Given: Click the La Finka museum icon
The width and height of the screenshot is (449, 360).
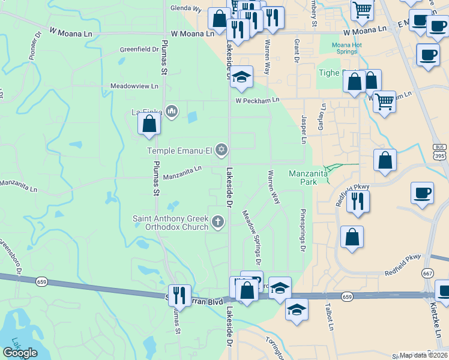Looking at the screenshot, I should click(x=172, y=111).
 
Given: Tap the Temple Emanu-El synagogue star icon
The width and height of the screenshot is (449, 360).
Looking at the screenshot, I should click(x=221, y=149).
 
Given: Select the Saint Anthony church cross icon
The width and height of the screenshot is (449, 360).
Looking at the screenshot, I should click(x=218, y=223).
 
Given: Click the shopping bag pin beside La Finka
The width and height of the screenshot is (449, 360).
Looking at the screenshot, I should click(x=149, y=124).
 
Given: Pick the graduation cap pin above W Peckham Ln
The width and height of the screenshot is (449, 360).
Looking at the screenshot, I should click(x=241, y=77).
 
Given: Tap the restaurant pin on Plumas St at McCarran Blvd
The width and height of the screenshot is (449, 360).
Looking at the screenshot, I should click(x=179, y=295).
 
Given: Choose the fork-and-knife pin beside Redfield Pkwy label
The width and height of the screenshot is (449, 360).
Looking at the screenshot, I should click(x=358, y=201).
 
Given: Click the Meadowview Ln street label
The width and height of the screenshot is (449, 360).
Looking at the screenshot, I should click(x=134, y=86).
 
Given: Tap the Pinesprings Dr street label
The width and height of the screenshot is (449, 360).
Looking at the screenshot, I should click(x=303, y=230).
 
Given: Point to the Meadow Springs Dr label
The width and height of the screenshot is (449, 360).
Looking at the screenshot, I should click(x=252, y=238).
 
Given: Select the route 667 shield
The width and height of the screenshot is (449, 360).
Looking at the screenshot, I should click(x=427, y=273).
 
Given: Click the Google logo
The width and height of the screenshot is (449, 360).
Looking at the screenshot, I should click(x=20, y=353).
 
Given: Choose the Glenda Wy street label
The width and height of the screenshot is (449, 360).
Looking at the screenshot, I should click(x=185, y=9).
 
